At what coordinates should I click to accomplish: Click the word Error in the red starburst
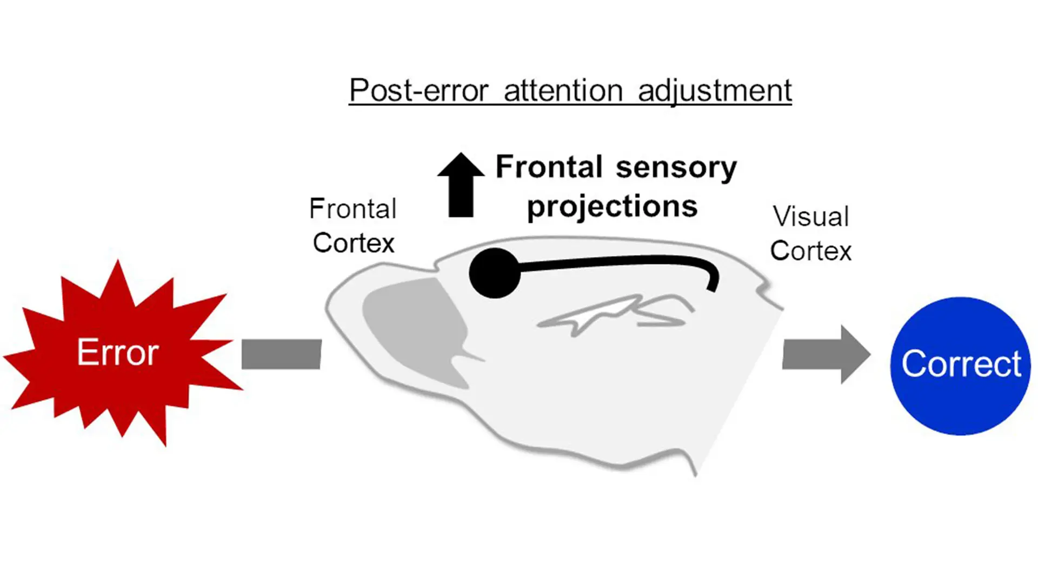(118, 353)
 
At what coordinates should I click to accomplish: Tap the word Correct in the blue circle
(961, 363)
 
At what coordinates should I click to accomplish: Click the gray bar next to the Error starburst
(281, 354)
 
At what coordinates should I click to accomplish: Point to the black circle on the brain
(494, 273)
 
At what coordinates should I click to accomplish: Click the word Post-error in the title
(419, 90)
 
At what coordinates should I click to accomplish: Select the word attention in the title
(563, 90)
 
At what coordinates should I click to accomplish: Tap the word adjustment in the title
(715, 91)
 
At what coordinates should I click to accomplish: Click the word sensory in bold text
(676, 168)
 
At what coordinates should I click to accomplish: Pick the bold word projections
(612, 207)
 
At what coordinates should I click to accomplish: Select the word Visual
(811, 216)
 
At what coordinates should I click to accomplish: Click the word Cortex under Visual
(811, 251)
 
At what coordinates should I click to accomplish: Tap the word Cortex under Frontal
(354, 243)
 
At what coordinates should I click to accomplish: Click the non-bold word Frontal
(353, 209)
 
